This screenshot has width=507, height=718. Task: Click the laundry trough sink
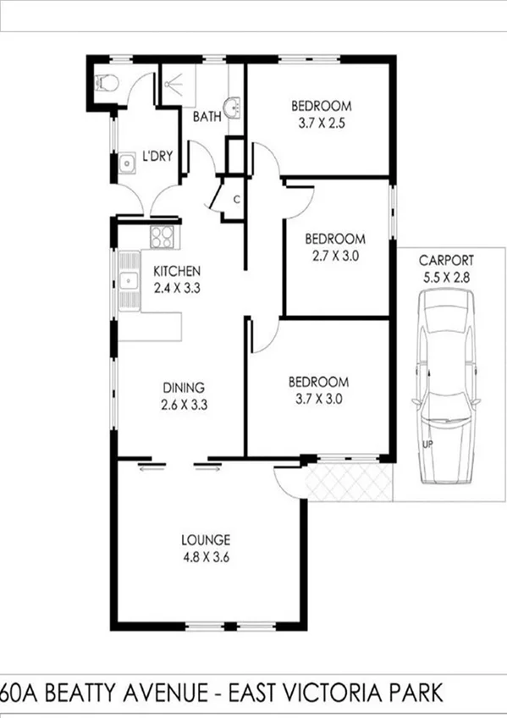(x=127, y=162)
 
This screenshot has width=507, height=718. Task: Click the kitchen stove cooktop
(x=163, y=237)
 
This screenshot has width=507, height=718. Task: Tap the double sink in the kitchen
(x=130, y=279)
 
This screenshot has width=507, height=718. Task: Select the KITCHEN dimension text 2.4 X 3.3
(x=176, y=288)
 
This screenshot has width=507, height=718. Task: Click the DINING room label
(x=184, y=389)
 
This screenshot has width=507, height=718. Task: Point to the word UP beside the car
(x=427, y=443)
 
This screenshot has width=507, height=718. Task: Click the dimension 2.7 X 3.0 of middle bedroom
(x=335, y=255)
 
